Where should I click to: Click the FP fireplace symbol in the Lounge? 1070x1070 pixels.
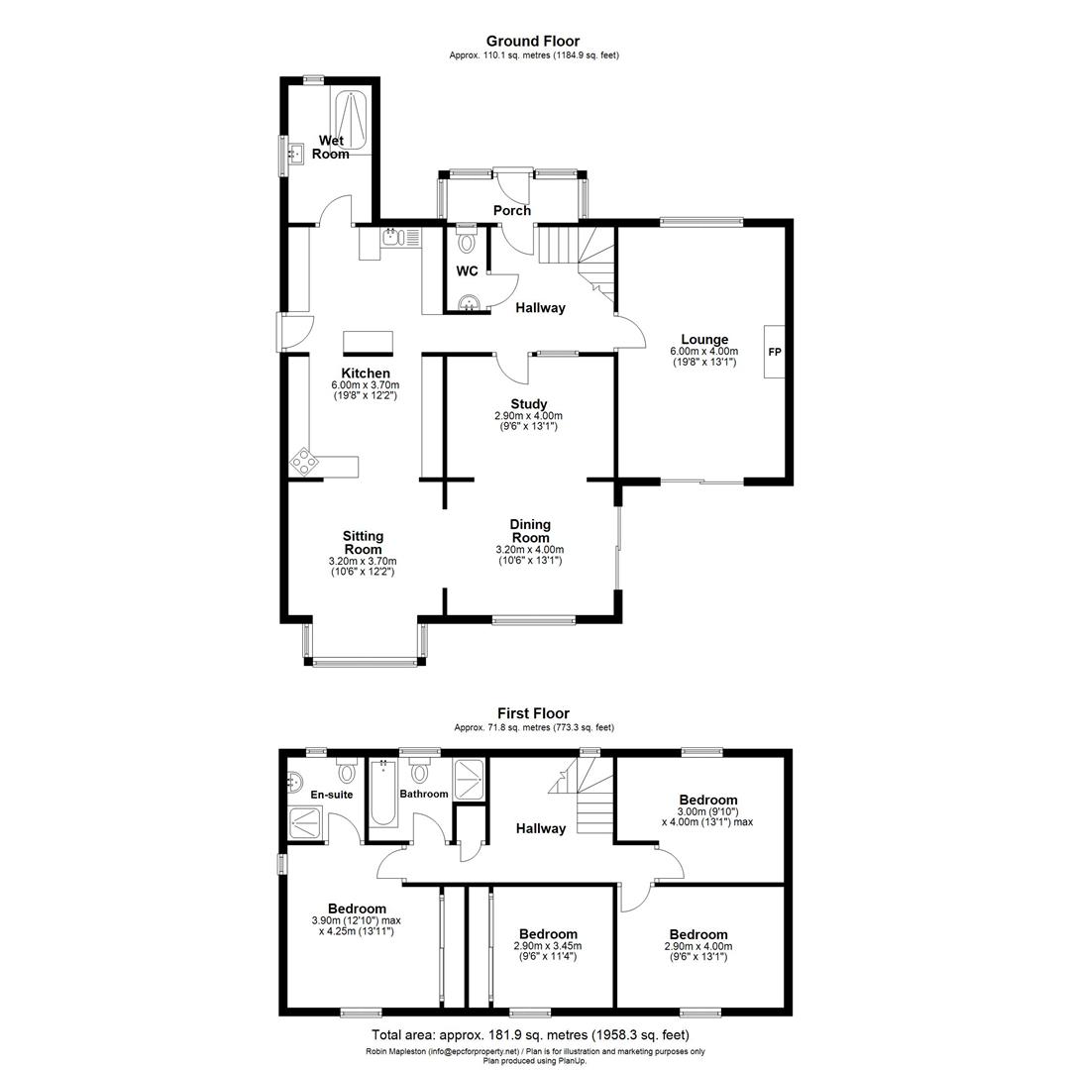(x=775, y=352)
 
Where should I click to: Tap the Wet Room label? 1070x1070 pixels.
(x=331, y=148)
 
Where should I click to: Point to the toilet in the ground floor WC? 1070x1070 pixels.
(x=468, y=241)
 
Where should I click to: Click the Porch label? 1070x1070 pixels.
(x=512, y=210)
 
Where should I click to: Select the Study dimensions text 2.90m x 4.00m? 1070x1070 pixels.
(x=529, y=416)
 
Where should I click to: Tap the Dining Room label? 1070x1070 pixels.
(x=530, y=531)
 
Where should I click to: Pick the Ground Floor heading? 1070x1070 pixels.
(x=533, y=41)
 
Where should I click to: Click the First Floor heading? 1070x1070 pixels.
(x=533, y=713)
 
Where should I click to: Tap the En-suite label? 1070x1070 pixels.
(x=331, y=795)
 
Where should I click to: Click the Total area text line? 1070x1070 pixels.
(x=533, y=1035)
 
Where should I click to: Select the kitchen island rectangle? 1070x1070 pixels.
(x=368, y=342)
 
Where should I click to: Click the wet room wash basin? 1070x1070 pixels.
(x=294, y=154)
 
